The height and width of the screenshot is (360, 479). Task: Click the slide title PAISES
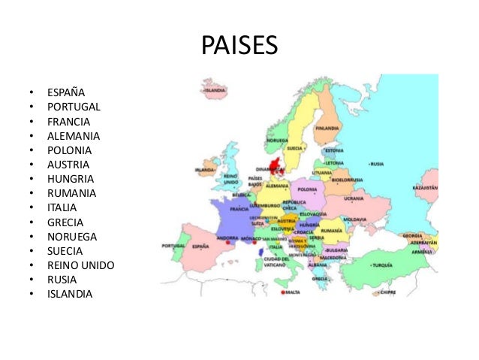pos(239,46)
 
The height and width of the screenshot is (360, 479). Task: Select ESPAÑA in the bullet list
pos(66,93)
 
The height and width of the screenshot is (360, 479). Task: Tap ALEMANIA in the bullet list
pos(74,136)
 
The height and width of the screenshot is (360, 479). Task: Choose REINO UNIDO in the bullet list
pos(80,265)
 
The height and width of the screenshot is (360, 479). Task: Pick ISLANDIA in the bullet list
pos(70,294)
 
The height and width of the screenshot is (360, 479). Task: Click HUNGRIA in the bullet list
pos(70,179)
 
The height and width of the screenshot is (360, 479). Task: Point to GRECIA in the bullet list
pos(65,222)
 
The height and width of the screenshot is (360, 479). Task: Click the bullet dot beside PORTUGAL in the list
pos(32,107)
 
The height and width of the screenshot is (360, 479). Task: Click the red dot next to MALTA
pos(282,292)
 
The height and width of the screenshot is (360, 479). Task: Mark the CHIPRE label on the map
pos(386,292)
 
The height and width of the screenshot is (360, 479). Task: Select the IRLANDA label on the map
pos(205,170)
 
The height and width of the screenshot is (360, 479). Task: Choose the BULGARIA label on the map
pos(336,250)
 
